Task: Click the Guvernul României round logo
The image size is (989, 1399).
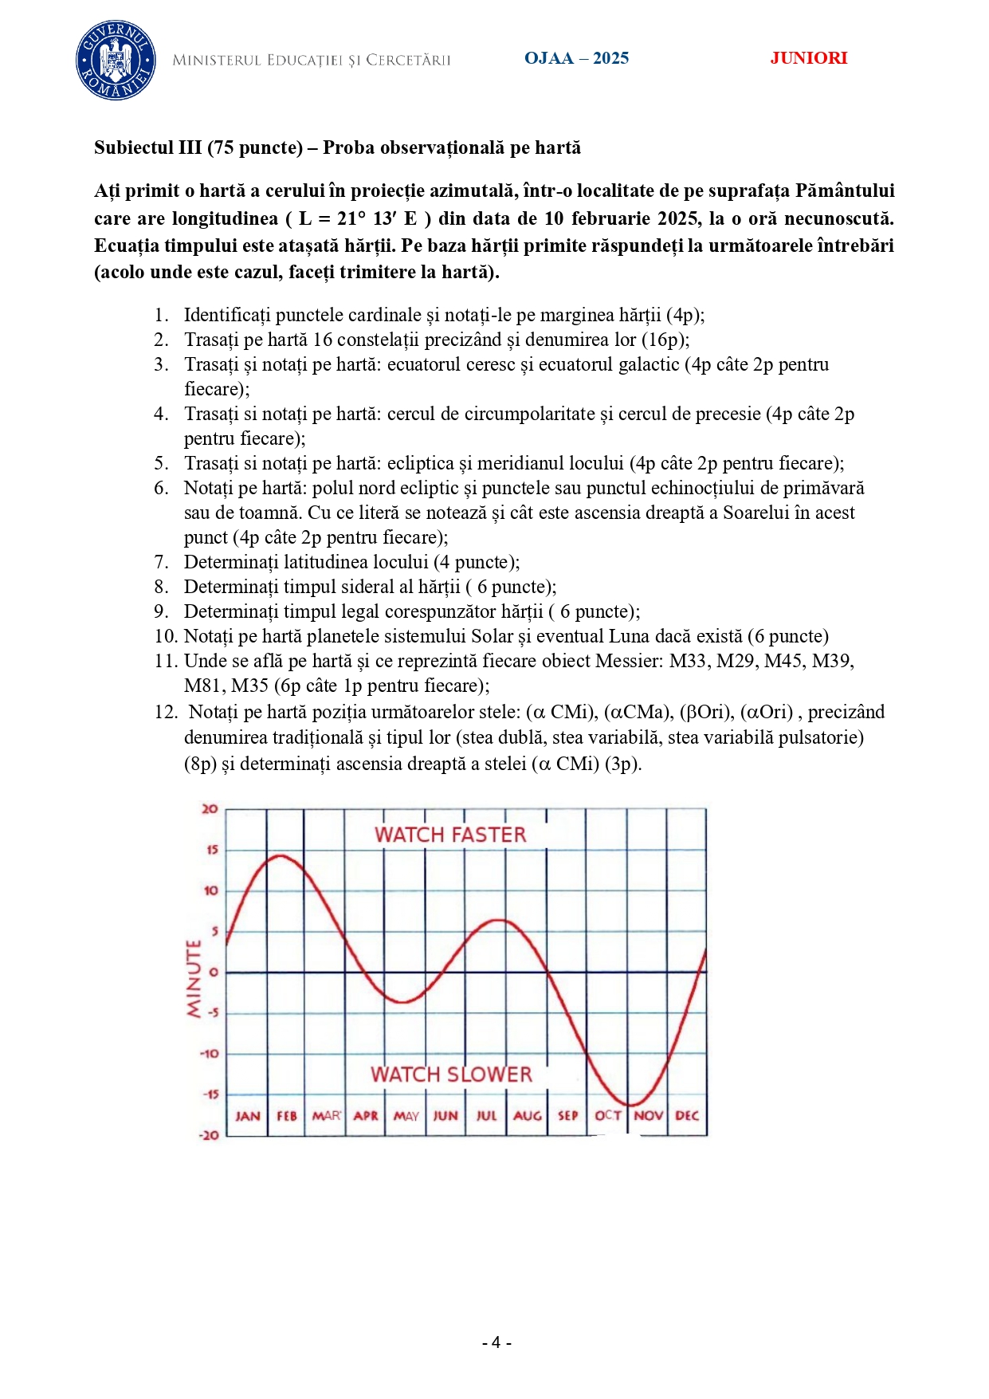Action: point(116,61)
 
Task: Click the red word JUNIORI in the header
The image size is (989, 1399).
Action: point(808,58)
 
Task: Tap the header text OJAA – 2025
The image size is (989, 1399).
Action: point(576,58)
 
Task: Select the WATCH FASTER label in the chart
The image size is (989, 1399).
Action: point(450,835)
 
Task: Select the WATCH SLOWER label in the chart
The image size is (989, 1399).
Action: point(451,1075)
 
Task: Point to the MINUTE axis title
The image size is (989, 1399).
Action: point(194,978)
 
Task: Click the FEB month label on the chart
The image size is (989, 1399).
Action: point(287,1116)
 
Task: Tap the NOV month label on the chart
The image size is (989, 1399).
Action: point(648,1116)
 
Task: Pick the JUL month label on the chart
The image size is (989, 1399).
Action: point(486,1116)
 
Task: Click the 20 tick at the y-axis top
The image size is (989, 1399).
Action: point(210,809)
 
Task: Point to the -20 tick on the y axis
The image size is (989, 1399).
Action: point(209,1135)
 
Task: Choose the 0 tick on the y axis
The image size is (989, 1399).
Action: point(214,973)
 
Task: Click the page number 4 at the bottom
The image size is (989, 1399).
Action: point(496,1343)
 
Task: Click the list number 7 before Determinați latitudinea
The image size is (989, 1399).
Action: point(161,562)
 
